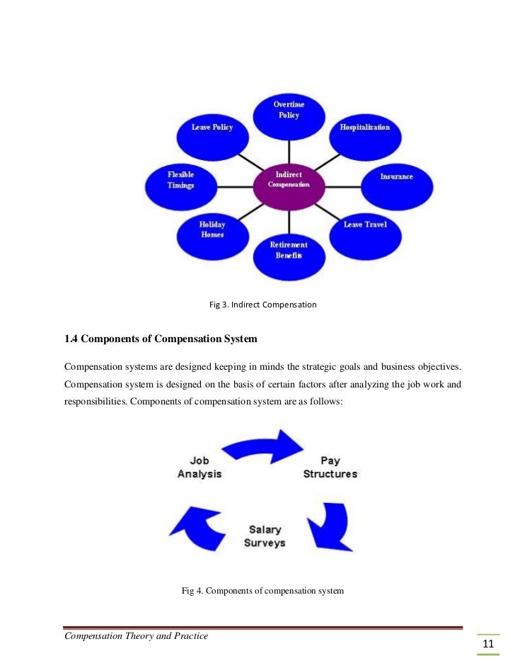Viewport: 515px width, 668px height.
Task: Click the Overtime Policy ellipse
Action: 288,113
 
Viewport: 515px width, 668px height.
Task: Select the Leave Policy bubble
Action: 212,132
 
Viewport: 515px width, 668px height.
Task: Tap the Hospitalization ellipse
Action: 364,131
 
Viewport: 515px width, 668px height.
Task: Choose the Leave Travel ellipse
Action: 364,230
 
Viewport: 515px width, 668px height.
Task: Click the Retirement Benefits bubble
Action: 288,251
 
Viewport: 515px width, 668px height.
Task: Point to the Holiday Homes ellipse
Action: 212,231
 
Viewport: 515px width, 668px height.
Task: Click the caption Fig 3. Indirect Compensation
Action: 262,305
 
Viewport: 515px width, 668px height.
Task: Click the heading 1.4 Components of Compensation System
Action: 161,339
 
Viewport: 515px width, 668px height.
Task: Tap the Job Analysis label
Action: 199,467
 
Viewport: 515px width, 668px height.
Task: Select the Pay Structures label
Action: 330,467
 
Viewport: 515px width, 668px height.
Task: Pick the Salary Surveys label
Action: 265,536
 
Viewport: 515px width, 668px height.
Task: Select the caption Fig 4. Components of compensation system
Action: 262,589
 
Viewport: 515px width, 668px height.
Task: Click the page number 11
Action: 487,644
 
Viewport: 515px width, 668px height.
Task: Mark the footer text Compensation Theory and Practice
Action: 136,635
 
